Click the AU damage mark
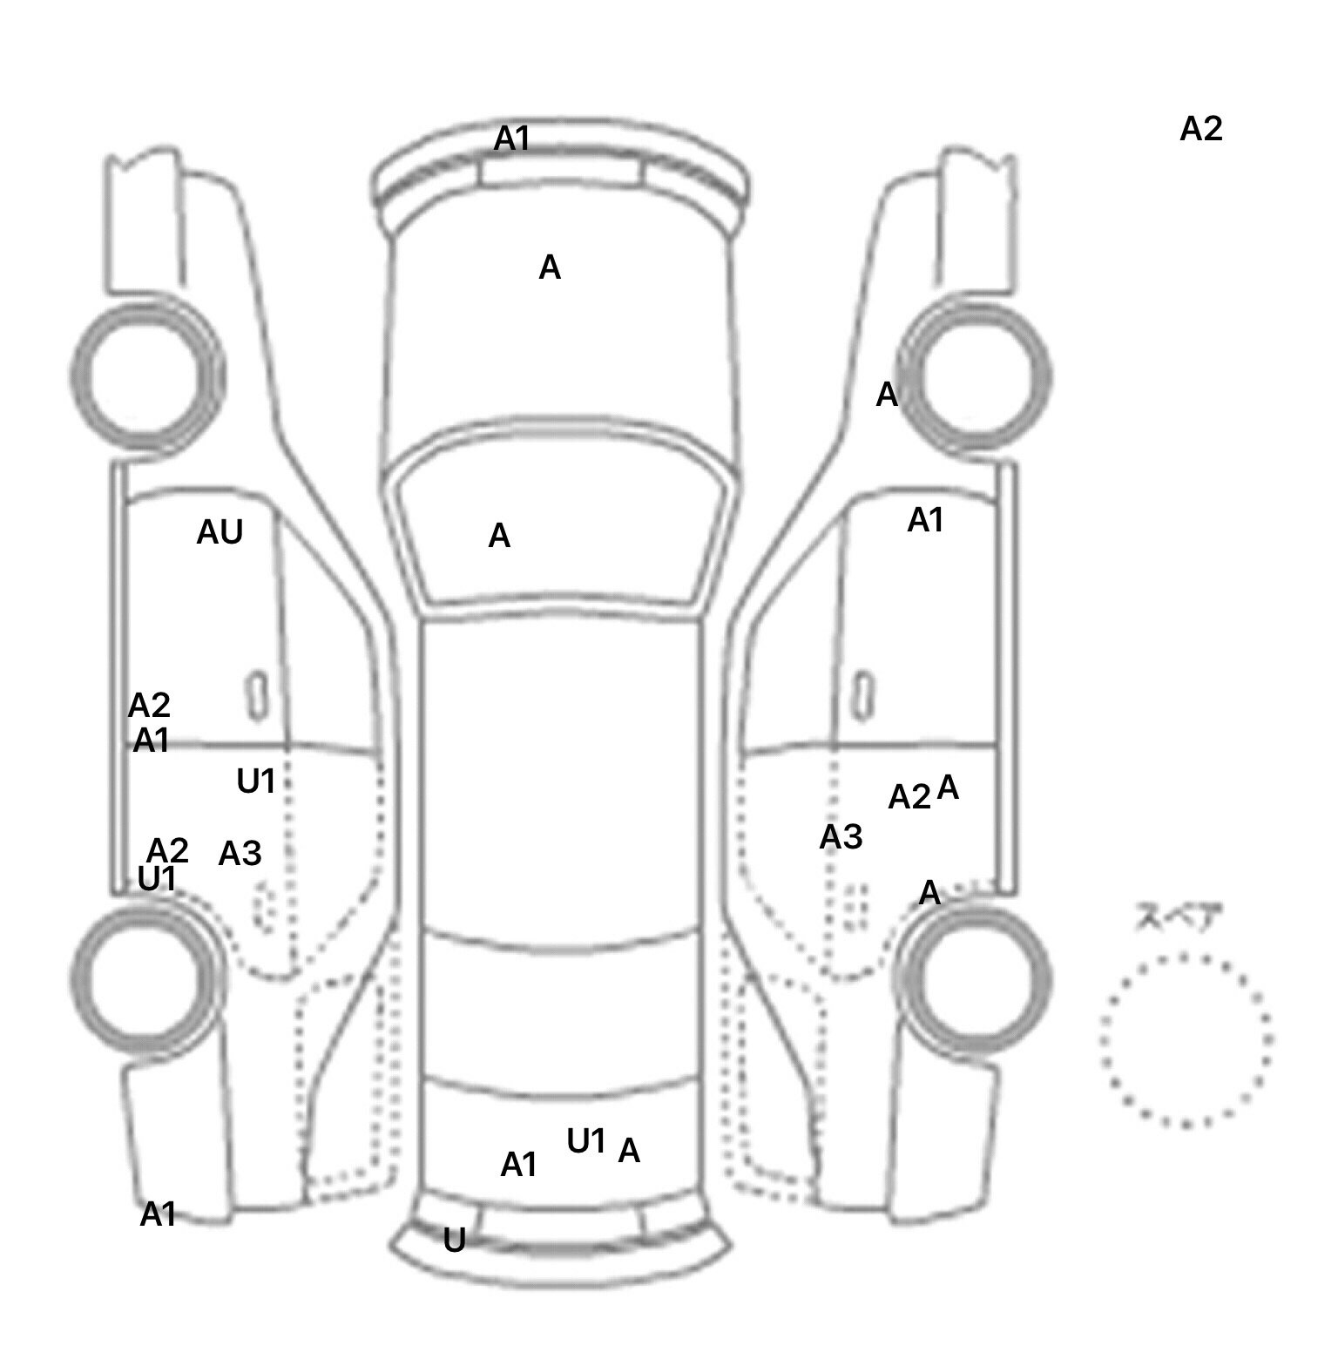tap(220, 532)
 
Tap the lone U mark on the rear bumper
tap(454, 1241)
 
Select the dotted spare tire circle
tap(1186, 1039)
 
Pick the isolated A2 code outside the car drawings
tap(1201, 129)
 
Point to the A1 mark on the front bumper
tap(512, 138)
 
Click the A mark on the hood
tap(550, 267)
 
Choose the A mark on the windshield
tap(499, 536)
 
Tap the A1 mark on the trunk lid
tap(519, 1165)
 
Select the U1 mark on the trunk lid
tap(586, 1140)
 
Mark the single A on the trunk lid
tap(629, 1151)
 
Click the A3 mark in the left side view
tap(240, 854)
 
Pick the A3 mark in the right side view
tap(841, 837)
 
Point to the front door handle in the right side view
tap(862, 696)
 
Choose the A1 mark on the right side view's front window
tap(925, 520)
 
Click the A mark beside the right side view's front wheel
tap(887, 395)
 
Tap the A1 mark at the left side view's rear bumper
tap(159, 1214)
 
